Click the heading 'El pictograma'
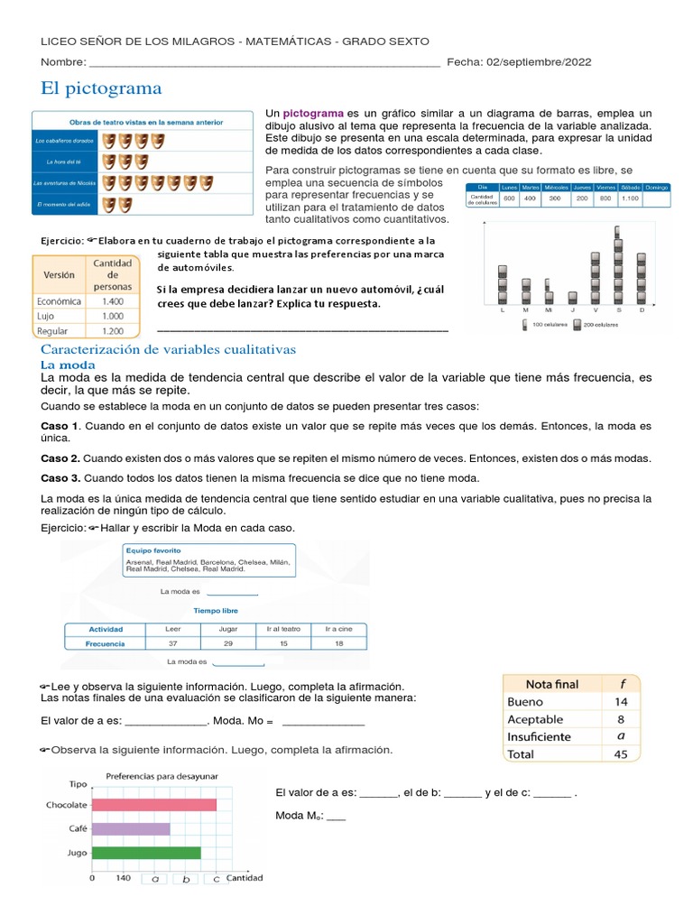coord(101,88)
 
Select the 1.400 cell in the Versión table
coord(114,301)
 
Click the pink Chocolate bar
coord(154,805)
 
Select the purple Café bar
coord(131,828)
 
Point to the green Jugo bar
coord(146,852)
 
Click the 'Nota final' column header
coord(552,684)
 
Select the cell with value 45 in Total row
coord(621,753)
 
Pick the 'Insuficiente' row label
coord(539,736)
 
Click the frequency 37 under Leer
coord(174,644)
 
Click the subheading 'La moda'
coord(68,364)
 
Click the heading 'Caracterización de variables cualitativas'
coord(169,349)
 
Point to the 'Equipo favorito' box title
coord(153,550)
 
